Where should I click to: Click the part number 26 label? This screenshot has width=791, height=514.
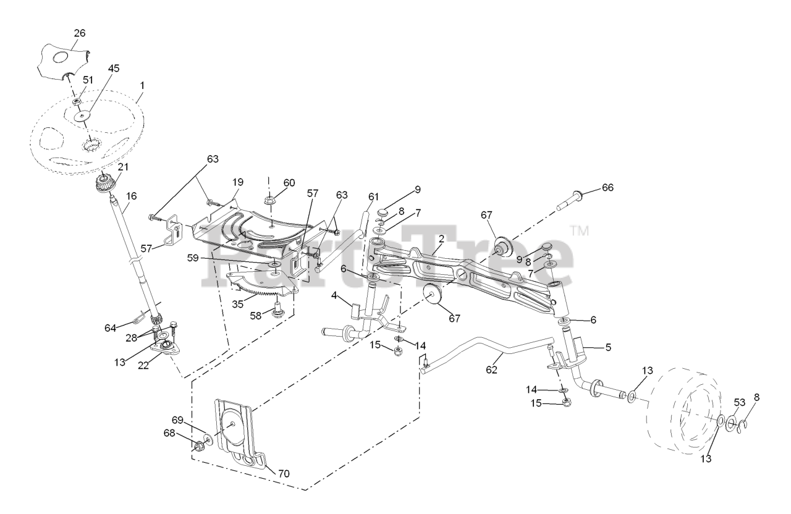80,33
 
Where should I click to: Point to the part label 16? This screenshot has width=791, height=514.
131,197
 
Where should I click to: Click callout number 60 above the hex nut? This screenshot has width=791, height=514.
289,182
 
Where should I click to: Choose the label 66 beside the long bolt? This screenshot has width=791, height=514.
607,188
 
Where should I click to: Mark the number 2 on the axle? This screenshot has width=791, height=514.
441,238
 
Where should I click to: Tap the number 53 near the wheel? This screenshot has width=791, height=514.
740,403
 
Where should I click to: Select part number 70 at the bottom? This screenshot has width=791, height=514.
284,474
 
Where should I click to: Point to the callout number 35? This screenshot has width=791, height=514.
237,304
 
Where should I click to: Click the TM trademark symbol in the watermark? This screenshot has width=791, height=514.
579,231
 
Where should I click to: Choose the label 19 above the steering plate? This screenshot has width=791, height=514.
238,182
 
